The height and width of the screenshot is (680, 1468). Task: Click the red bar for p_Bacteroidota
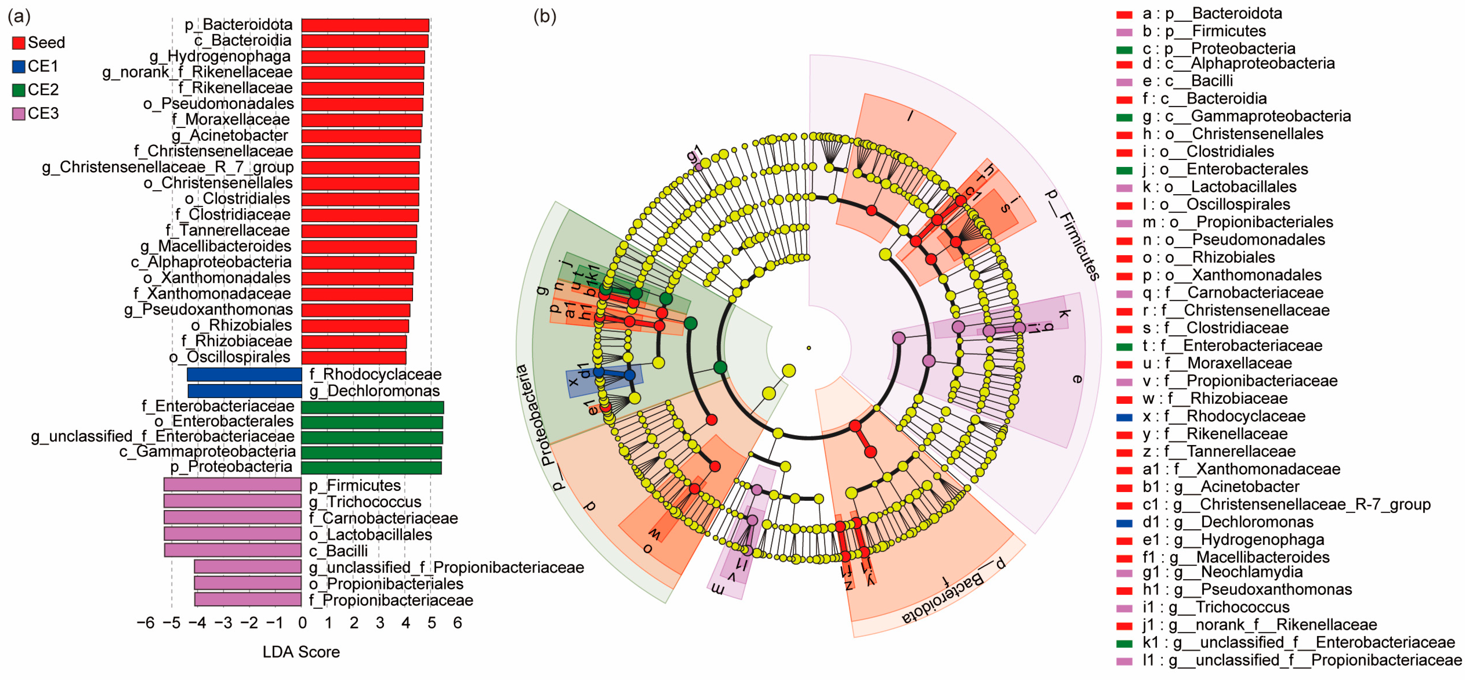click(365, 25)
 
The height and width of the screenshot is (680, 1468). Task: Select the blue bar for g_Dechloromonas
click(245, 391)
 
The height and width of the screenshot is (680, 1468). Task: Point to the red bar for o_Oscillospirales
click(353, 357)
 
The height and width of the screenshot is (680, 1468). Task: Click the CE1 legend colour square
click(18, 67)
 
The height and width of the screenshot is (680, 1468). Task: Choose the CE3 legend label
click(43, 113)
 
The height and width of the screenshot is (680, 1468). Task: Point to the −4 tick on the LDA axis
click(198, 623)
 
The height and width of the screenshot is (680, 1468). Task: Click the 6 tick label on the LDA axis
click(457, 623)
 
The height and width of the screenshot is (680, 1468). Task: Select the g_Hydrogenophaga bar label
click(220, 56)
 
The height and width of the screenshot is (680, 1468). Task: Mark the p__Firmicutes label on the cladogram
click(1071, 234)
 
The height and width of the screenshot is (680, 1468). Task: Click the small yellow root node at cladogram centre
click(809, 348)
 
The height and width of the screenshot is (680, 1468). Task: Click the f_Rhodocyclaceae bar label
click(375, 374)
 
